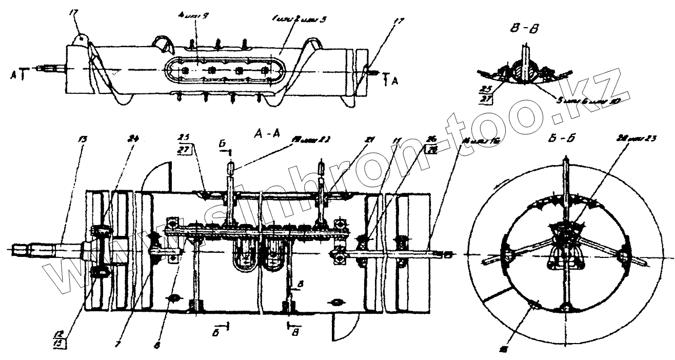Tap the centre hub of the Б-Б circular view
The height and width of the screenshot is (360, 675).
click(x=566, y=237)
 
